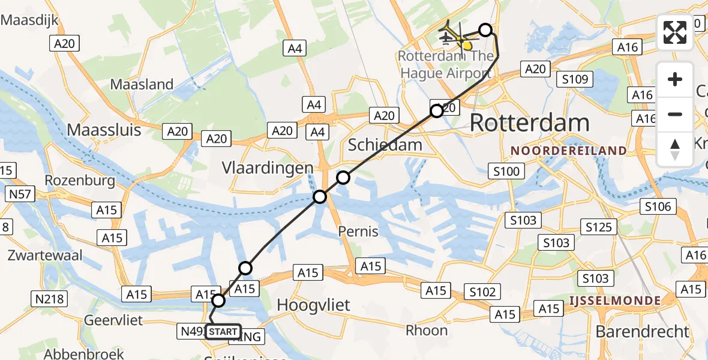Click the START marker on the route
223,331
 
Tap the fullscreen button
675,32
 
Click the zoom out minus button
675,114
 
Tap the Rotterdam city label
530,123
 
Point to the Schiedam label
385,145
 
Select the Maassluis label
104,130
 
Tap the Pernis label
358,231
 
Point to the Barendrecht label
642,331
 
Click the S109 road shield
574,79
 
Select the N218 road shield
50,298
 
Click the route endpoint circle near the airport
485,30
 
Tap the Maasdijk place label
30,20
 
